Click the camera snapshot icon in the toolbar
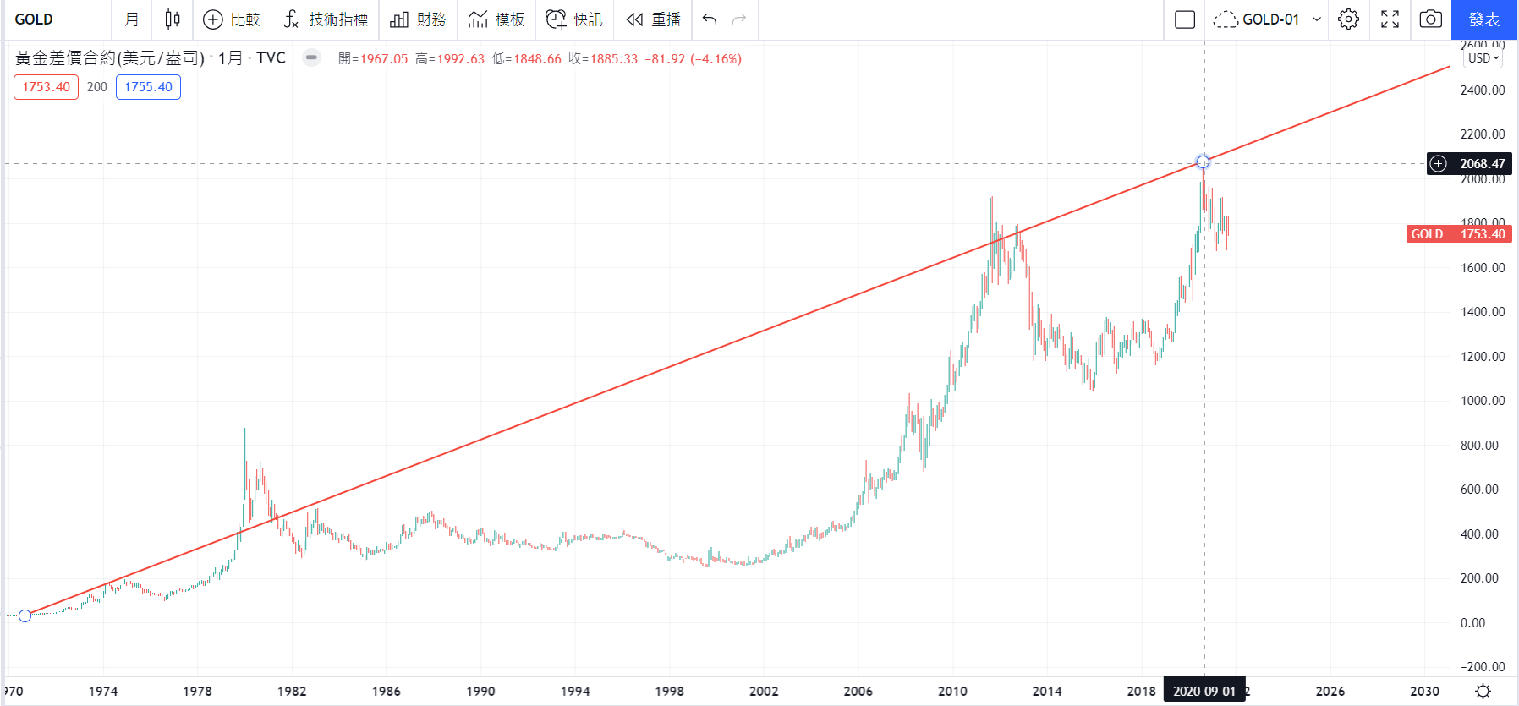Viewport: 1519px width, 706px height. click(x=1430, y=19)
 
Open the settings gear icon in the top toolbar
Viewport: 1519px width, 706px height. click(x=1349, y=19)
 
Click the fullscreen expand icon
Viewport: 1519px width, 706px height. click(x=1390, y=19)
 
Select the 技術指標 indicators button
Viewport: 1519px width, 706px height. click(x=326, y=19)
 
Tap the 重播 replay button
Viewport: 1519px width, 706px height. click(x=654, y=19)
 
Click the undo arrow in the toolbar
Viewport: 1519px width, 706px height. click(x=710, y=19)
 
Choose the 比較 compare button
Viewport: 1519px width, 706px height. click(x=233, y=19)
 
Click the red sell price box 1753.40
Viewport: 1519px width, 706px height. click(x=47, y=87)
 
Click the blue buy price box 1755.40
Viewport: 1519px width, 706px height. click(x=148, y=87)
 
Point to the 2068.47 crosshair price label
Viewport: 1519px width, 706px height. click(x=1482, y=164)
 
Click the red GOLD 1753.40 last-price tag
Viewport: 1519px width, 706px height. click(x=1458, y=234)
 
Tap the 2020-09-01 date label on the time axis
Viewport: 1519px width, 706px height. click(x=1204, y=692)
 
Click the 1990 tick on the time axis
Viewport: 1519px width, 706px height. click(x=480, y=692)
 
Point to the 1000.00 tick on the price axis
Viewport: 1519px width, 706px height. click(x=1483, y=401)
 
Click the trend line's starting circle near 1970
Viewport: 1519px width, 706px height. click(x=25, y=616)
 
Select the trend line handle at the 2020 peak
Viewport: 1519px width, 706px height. click(x=1203, y=161)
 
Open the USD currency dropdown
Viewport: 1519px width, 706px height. click(x=1483, y=58)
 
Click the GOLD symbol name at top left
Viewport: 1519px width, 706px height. click(x=34, y=19)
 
